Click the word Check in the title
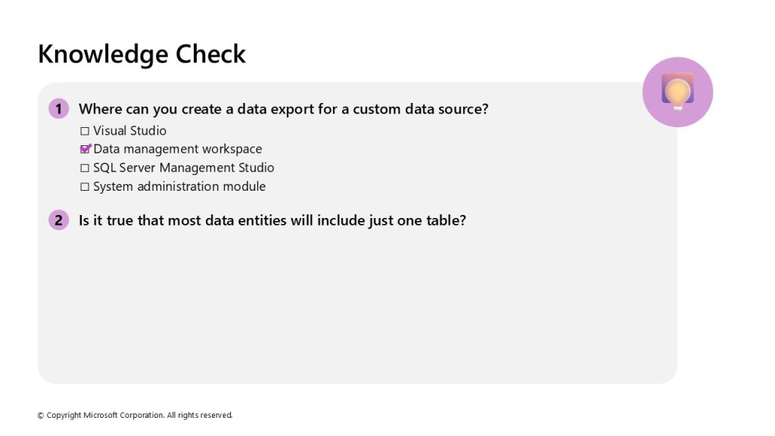pyautogui.click(x=210, y=54)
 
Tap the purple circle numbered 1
pyautogui.click(x=59, y=109)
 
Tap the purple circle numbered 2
pyautogui.click(x=59, y=220)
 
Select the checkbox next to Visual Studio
pyautogui.click(x=85, y=131)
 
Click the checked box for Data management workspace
pyautogui.click(x=85, y=149)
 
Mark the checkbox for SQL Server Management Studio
pyautogui.click(x=85, y=168)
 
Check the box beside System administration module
pyautogui.click(x=85, y=187)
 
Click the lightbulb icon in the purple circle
pyautogui.click(x=677, y=92)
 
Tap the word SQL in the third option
pyautogui.click(x=104, y=168)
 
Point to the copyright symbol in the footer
pyautogui.click(x=41, y=416)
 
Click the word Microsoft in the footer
pyautogui.click(x=101, y=416)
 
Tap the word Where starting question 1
pyautogui.click(x=101, y=109)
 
